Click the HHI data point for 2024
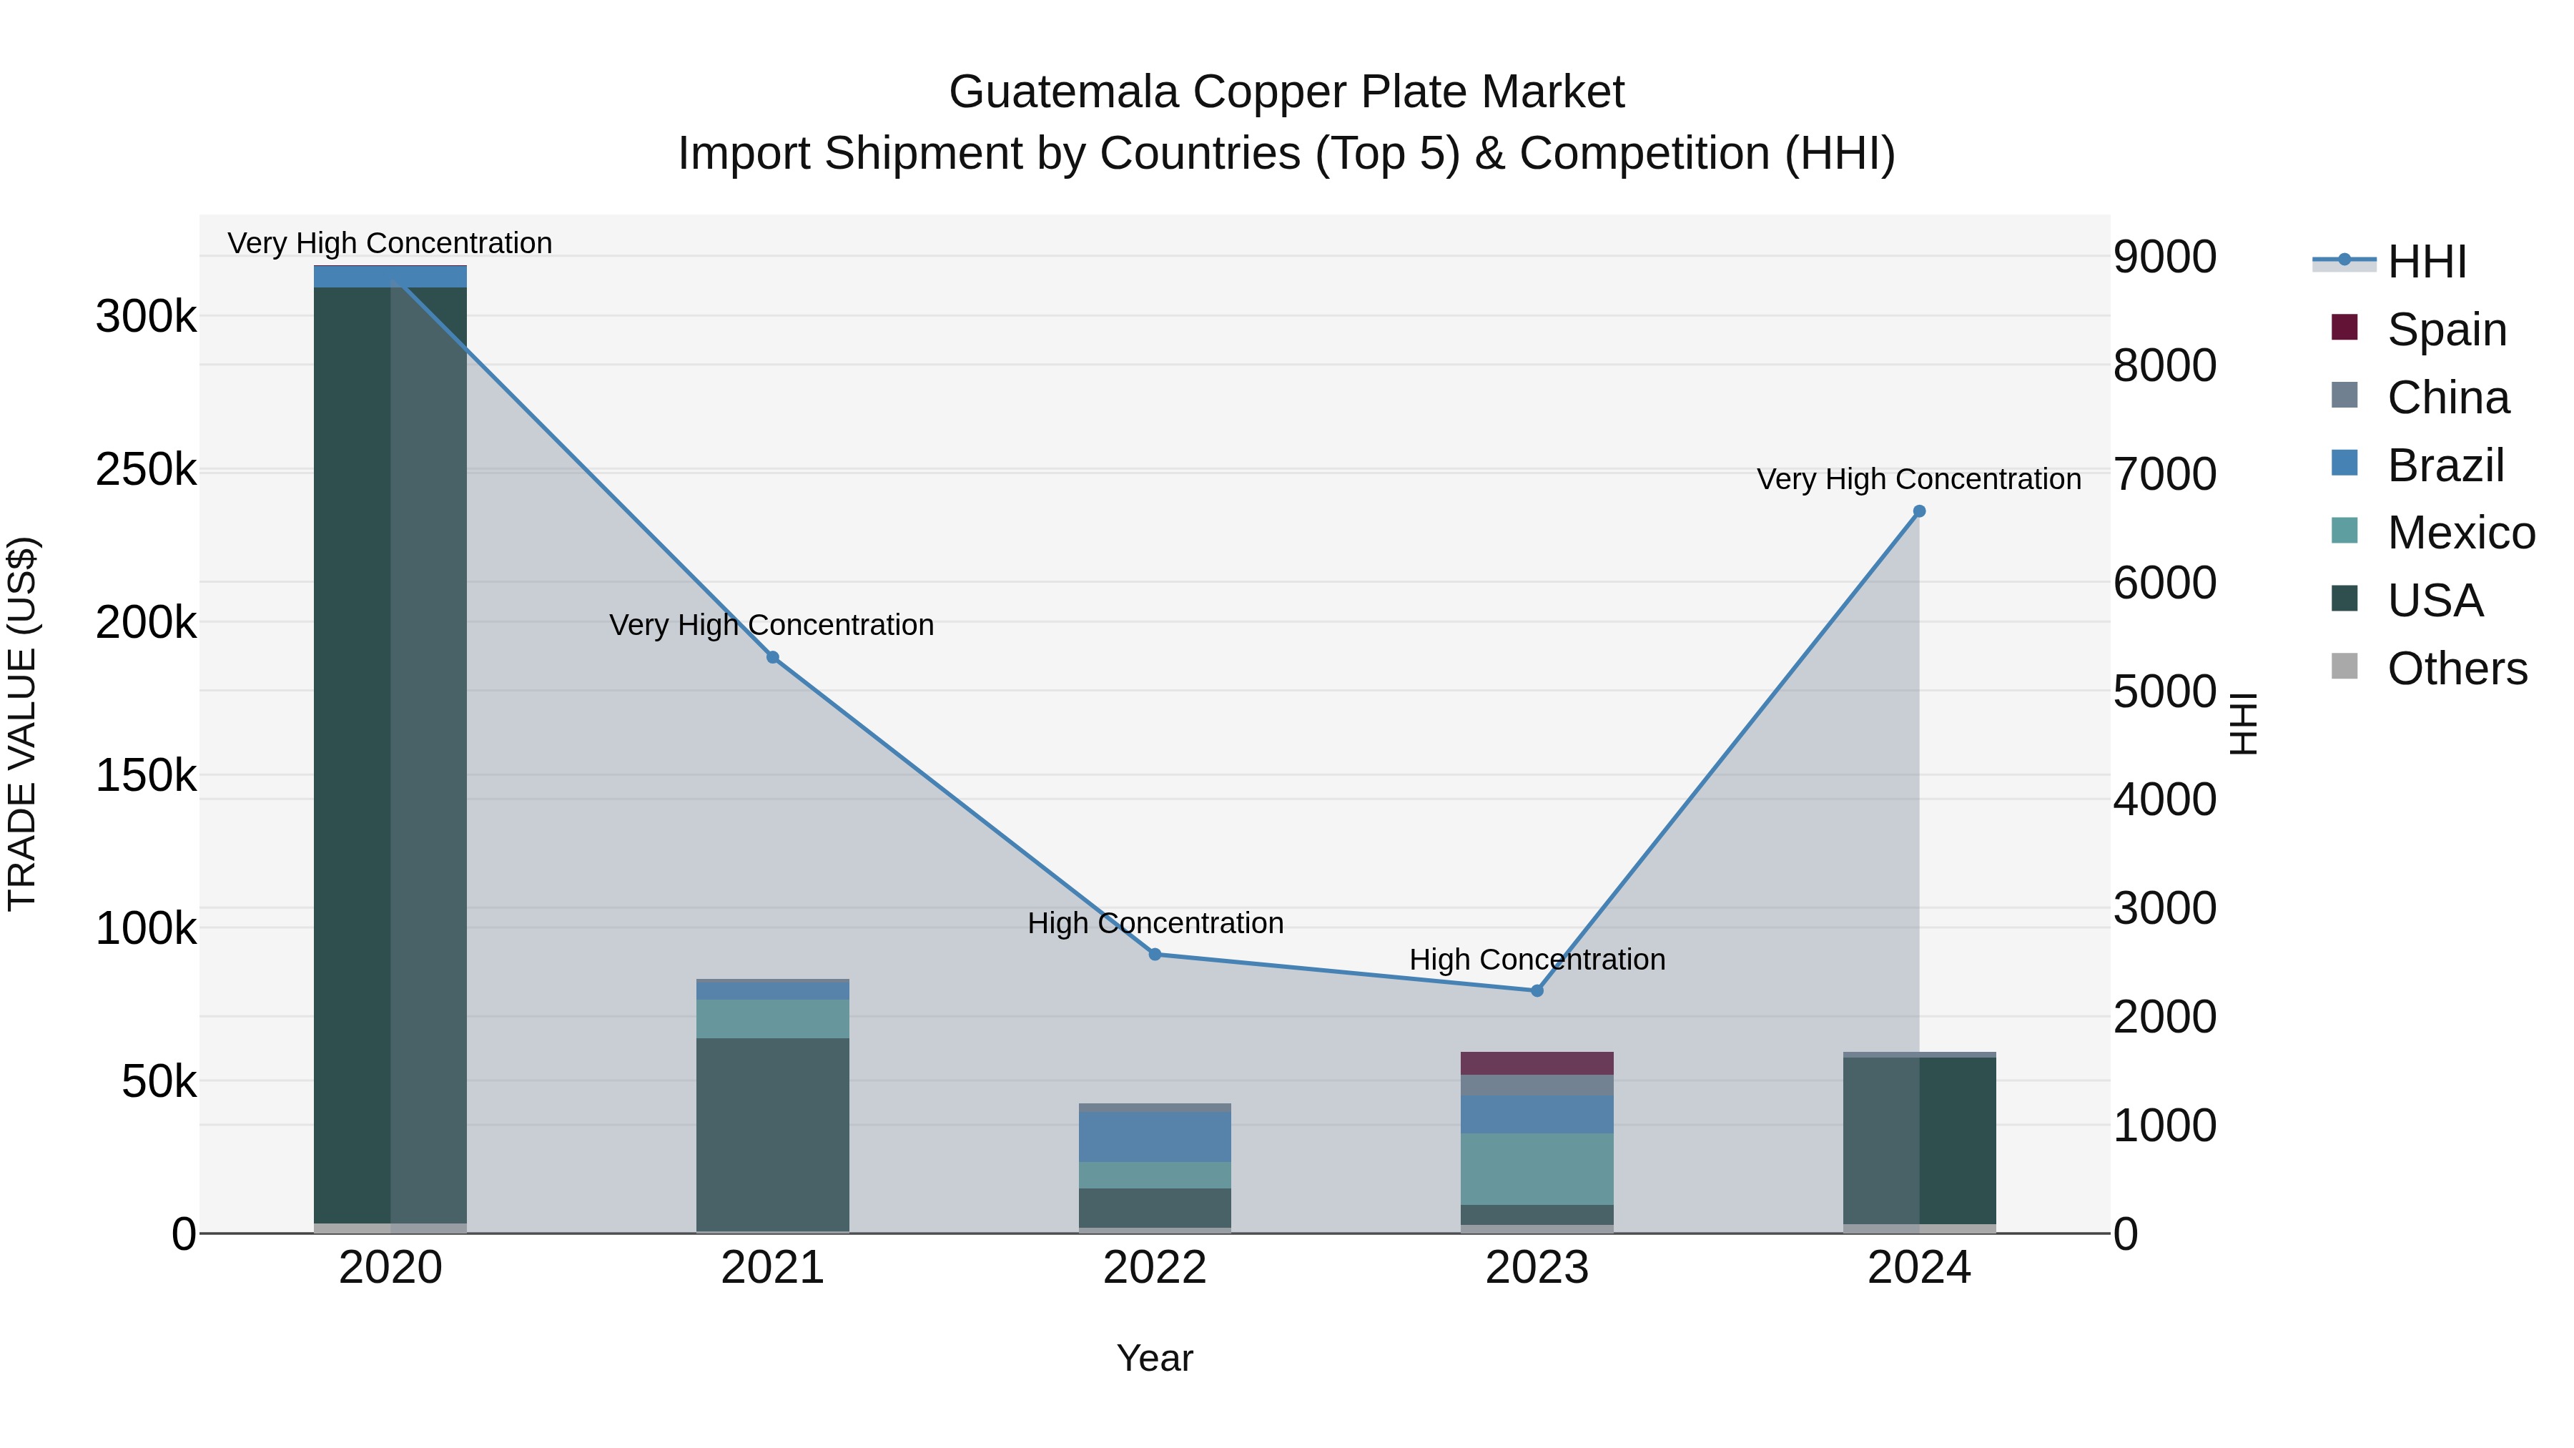[x=1918, y=512]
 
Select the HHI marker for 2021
[x=772, y=658]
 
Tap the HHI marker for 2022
[x=1155, y=955]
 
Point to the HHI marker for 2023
[x=1537, y=991]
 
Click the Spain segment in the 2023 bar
[x=1537, y=1063]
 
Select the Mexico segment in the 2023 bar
[x=1537, y=1168]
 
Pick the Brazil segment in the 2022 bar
[x=1155, y=1137]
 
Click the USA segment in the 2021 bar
[x=772, y=1134]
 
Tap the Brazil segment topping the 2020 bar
[x=390, y=277]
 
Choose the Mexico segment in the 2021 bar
[x=772, y=1018]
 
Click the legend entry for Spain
[x=2446, y=330]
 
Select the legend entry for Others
[x=2456, y=669]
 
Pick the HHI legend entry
[x=2426, y=262]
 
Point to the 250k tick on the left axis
[x=146, y=470]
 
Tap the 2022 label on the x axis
[x=1155, y=1268]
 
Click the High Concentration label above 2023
[x=1537, y=960]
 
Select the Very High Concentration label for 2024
[x=1918, y=480]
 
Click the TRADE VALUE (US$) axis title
[x=22, y=724]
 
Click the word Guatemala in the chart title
[x=1063, y=92]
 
